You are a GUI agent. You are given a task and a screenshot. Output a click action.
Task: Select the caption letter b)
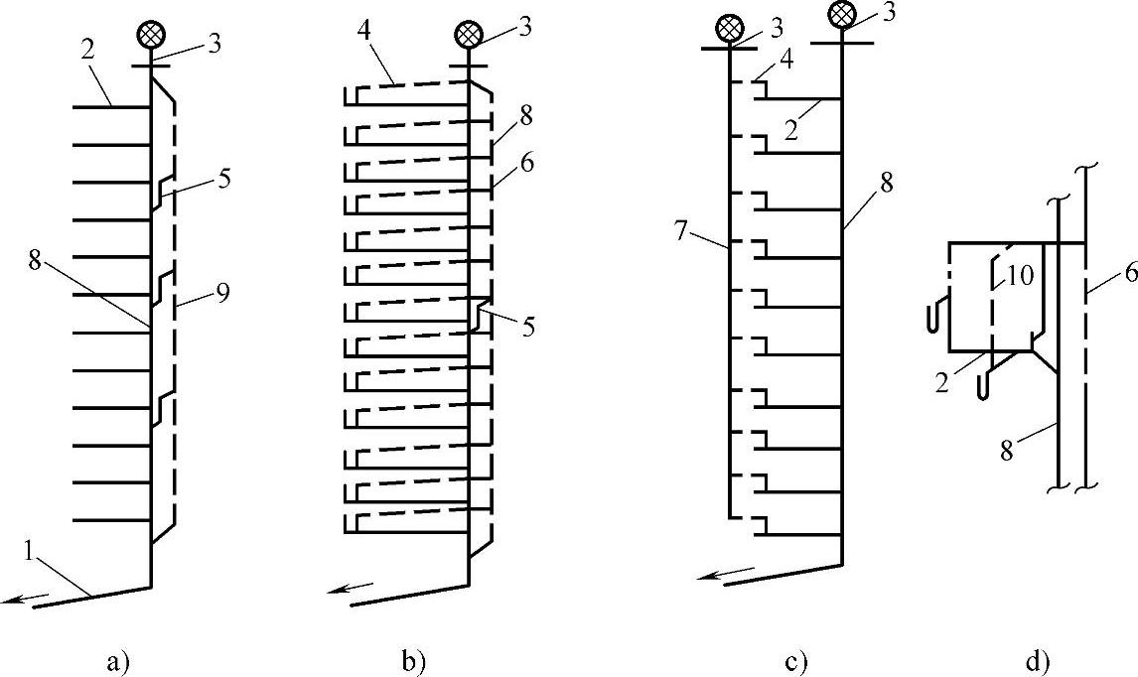413,659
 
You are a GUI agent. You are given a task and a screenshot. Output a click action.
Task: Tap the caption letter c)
796,659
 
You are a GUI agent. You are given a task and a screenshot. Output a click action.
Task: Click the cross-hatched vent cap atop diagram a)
151,34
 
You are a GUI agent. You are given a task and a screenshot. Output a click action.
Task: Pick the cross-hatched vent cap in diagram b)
468,34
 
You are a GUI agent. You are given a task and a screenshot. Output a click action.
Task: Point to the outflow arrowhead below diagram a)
12,599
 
